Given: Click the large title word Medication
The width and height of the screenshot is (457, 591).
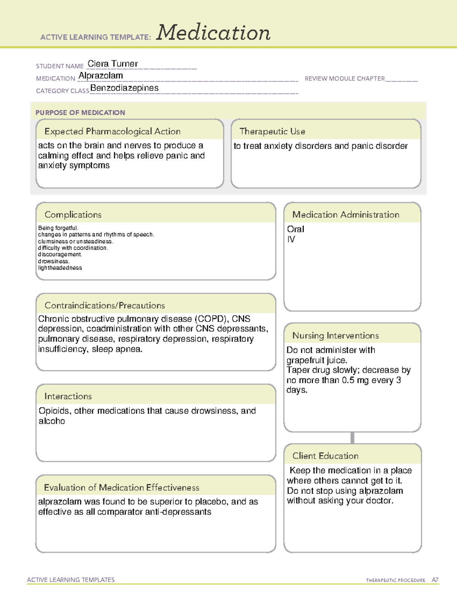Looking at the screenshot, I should pos(213,33).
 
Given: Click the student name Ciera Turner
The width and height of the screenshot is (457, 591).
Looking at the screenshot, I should pos(113,64).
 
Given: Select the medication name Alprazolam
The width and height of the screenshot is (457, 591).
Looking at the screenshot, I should pos(101,76).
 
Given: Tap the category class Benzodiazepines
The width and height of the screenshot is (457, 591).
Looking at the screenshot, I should pos(125,88).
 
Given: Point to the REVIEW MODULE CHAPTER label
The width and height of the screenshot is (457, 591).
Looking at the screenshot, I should pos(345,79).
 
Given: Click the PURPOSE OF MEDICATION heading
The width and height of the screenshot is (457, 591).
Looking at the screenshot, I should pos(80,113).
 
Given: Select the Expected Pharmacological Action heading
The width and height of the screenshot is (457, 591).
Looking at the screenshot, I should pos(112,132).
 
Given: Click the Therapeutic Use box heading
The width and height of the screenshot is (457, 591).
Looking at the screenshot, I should pos(272,132).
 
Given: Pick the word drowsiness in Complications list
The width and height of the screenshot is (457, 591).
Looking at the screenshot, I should pos(53,261).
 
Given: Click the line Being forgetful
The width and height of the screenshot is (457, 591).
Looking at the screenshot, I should pos(58,228).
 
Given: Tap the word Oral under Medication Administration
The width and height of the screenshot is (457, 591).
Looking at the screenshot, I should pos(296,229).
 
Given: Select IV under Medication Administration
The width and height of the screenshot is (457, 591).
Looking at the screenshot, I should pos(291,239).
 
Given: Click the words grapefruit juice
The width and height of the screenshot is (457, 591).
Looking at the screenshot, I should pos(316,360).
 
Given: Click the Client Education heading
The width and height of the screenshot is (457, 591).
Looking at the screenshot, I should pos(325,456).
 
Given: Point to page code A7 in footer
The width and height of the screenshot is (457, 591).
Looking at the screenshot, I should pos(435,580).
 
